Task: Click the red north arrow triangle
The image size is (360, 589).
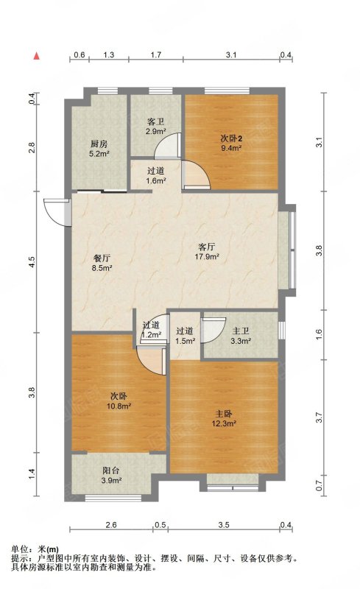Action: pyautogui.click(x=37, y=56)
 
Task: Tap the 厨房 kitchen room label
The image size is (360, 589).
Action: pyautogui.click(x=99, y=144)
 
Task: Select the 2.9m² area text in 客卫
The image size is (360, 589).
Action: pyautogui.click(x=156, y=132)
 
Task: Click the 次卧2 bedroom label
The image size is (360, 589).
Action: pyautogui.click(x=231, y=138)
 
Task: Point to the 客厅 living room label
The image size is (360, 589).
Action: pyautogui.click(x=207, y=247)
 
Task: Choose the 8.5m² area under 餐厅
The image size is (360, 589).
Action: pyautogui.click(x=102, y=268)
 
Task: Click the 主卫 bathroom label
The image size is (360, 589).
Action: pyautogui.click(x=241, y=331)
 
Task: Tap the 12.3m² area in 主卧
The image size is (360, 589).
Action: pyautogui.click(x=224, y=424)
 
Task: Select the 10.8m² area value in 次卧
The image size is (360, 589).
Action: pyautogui.click(x=119, y=406)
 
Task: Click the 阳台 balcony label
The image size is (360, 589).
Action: pyautogui.click(x=111, y=470)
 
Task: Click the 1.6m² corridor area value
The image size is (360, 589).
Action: pyautogui.click(x=156, y=180)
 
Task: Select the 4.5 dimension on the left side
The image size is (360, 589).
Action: pyautogui.click(x=32, y=262)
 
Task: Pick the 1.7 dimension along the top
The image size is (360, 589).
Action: pyautogui.click(x=156, y=54)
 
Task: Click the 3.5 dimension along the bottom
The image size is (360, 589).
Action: pyautogui.click(x=224, y=525)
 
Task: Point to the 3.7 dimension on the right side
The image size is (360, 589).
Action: pyautogui.click(x=319, y=417)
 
